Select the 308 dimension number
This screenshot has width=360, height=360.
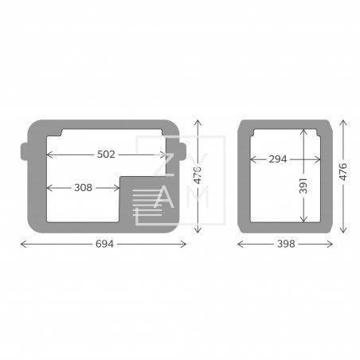(82, 188)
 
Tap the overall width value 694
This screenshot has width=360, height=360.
(104, 244)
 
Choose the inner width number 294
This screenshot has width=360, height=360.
(278, 159)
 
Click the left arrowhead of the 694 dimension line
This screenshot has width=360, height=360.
(22, 244)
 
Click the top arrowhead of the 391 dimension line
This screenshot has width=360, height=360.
(303, 130)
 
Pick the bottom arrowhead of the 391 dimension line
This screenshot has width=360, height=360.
(303, 221)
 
